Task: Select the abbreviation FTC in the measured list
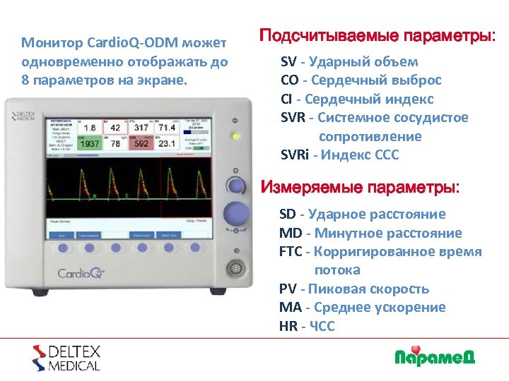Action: [291, 252]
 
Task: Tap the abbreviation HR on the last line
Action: [288, 326]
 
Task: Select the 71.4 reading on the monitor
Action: [166, 128]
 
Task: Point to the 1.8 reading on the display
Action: [90, 128]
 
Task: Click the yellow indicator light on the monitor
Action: [235, 135]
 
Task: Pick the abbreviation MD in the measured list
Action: [288, 233]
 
